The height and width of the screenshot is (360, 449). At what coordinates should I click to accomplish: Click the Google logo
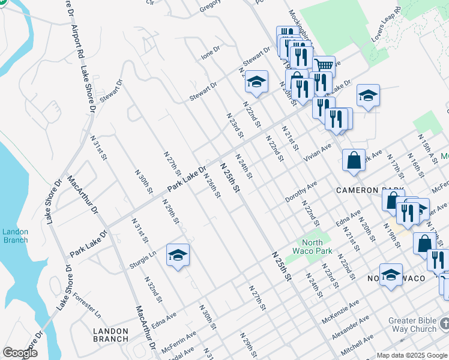coord(20,353)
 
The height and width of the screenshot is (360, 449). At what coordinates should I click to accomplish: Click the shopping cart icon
coord(324,65)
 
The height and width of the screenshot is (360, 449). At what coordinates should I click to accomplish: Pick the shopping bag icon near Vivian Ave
coord(354,160)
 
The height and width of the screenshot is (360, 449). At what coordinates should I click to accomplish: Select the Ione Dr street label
coord(211,54)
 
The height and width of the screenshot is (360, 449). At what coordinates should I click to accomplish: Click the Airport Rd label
coord(77,42)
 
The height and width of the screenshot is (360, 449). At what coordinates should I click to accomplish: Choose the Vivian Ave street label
coord(318,152)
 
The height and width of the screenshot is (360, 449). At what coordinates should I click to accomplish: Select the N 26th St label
coord(212,187)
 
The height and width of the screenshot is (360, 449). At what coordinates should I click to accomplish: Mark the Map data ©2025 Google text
coord(412,355)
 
